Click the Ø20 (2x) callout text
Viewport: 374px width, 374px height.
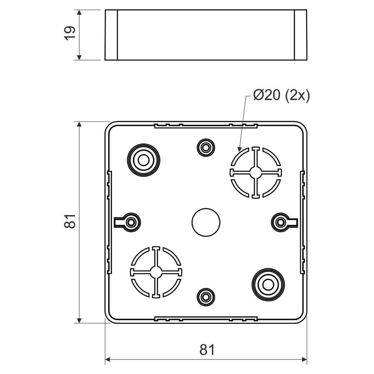[x=281, y=96]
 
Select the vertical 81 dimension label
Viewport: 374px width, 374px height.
[x=70, y=221]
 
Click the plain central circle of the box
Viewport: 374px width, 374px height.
[x=206, y=222]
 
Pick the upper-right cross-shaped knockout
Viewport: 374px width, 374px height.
[x=255, y=172]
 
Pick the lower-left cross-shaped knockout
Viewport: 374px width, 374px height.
[x=156, y=272]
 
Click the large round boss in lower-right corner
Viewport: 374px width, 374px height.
[x=268, y=284]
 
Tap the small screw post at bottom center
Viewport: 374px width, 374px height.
[x=205, y=297]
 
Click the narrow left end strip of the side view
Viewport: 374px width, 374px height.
[x=111, y=35]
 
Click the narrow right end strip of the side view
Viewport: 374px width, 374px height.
[x=300, y=35]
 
